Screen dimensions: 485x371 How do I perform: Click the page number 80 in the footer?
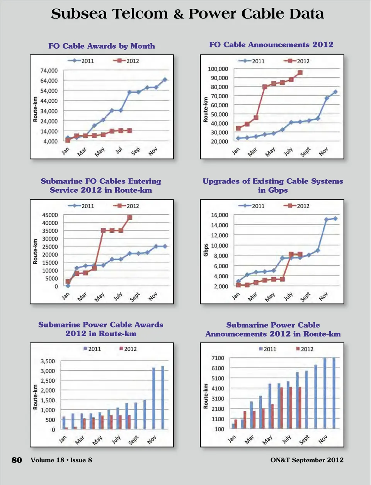(x=17, y=460)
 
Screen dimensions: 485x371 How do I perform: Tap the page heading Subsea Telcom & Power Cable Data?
(x=187, y=14)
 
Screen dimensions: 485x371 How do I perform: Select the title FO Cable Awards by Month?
(x=102, y=46)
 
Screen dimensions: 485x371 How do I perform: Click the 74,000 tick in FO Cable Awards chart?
(x=49, y=71)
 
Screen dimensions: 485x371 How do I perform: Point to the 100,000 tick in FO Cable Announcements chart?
(x=218, y=69)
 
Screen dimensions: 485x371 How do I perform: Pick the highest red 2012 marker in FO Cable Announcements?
(x=300, y=73)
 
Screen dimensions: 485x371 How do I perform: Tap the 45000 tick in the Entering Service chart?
(x=50, y=215)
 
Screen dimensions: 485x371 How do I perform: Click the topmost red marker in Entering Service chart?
(x=130, y=218)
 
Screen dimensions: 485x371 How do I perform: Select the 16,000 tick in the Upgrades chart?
(x=220, y=215)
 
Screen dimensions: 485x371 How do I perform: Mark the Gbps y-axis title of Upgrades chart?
(x=206, y=250)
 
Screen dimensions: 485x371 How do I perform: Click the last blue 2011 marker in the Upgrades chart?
(x=335, y=219)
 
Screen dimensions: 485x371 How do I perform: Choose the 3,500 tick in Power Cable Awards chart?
(x=48, y=361)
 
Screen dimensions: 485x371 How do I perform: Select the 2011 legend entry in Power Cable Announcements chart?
(x=267, y=349)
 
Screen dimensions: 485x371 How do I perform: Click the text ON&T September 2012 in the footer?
(x=307, y=460)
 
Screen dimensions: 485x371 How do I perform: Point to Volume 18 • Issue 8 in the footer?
(x=61, y=460)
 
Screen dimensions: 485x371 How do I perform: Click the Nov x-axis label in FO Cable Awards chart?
(x=153, y=151)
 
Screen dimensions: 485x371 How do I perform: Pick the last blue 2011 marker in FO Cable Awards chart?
(x=165, y=80)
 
